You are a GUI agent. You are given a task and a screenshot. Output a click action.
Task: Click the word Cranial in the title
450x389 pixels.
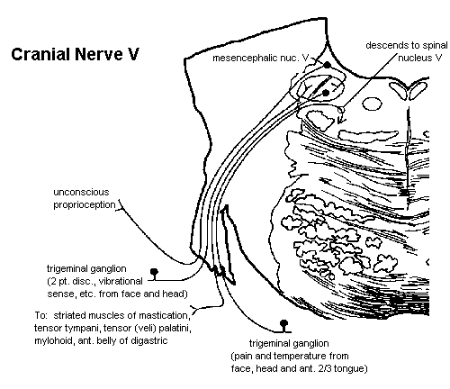click(40, 54)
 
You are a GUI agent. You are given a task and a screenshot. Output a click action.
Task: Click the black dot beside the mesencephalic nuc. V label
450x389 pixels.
click(328, 65)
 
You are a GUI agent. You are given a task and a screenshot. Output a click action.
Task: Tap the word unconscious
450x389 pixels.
click(81, 192)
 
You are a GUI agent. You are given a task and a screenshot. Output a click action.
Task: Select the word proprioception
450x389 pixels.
click(85, 205)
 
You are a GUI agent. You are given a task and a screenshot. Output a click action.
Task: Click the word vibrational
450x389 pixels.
click(121, 281)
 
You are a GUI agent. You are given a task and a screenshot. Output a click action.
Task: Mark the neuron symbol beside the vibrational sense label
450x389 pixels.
click(154, 274)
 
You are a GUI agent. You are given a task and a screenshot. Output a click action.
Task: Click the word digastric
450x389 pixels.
click(150, 341)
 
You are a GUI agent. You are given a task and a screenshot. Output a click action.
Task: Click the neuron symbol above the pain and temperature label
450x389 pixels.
click(283, 326)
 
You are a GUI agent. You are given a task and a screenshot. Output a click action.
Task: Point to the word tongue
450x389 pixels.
click(350, 368)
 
